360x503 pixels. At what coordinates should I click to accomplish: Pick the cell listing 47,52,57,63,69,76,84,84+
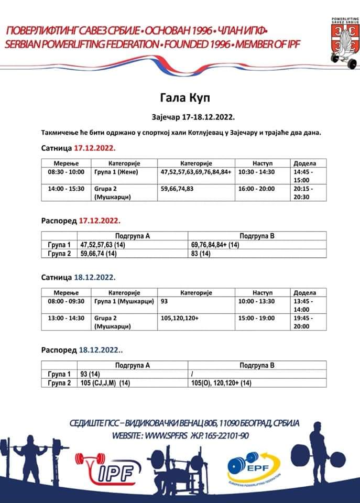click(195, 171)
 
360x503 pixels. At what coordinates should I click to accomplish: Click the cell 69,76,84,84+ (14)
click(215, 245)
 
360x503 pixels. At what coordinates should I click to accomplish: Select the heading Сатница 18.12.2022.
click(79, 277)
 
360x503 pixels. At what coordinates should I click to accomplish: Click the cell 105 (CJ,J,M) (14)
click(105, 383)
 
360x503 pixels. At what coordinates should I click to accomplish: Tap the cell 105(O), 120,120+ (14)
click(222, 383)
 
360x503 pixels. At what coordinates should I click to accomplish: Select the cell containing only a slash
click(194, 374)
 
